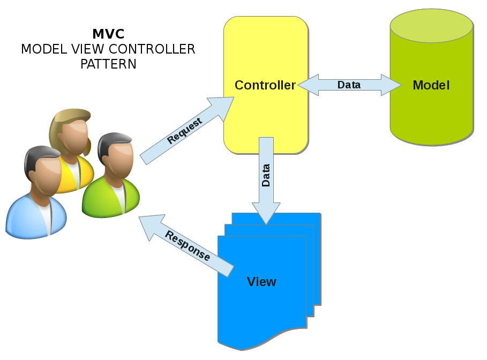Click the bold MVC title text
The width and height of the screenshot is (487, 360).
[x=108, y=34]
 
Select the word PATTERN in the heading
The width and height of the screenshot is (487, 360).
[x=108, y=64]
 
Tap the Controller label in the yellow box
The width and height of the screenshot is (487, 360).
[x=265, y=85]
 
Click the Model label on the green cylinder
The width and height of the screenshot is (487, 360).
[x=431, y=85]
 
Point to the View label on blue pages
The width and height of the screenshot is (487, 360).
[x=261, y=282]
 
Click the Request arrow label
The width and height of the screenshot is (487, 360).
[x=185, y=131]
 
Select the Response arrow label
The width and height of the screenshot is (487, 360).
[x=188, y=246]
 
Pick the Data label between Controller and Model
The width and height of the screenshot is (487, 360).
[x=349, y=85]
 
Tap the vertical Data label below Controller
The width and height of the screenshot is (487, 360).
[x=266, y=175]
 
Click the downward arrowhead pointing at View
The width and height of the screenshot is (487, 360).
[x=266, y=214]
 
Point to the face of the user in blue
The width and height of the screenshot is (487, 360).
[x=43, y=174]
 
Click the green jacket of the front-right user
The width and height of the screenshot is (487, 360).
[x=102, y=198]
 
